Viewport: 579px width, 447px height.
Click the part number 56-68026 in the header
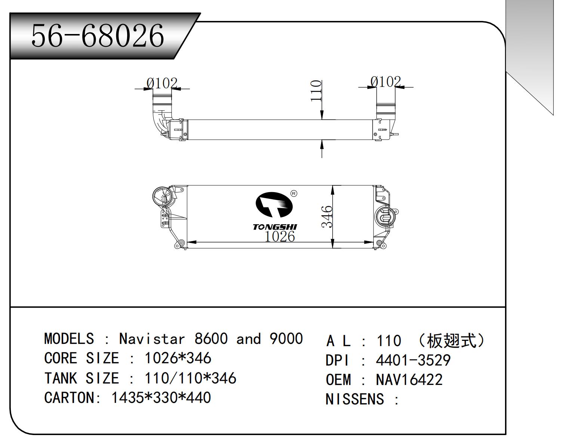click(x=97, y=36)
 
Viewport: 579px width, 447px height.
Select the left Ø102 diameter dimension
click(x=162, y=83)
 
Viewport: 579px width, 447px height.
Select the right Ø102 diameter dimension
click(x=385, y=81)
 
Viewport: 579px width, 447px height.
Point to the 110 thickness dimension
click(x=316, y=90)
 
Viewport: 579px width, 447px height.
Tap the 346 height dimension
click(x=327, y=216)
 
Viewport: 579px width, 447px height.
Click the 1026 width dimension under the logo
click(x=280, y=236)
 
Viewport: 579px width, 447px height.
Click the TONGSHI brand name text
click(x=275, y=227)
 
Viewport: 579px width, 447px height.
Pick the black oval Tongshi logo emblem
click(x=273, y=204)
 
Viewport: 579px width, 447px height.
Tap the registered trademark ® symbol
click(x=294, y=194)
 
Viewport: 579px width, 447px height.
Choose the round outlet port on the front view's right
click(x=385, y=216)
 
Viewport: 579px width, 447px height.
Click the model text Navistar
click(x=152, y=339)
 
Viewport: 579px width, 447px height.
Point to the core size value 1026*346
click(x=178, y=358)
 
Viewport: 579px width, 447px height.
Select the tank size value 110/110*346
click(x=190, y=378)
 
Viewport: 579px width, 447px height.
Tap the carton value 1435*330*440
click(x=161, y=398)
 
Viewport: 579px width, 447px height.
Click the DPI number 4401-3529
click(x=413, y=360)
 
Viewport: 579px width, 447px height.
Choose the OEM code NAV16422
click(x=409, y=380)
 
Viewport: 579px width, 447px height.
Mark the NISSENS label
click(x=354, y=399)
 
